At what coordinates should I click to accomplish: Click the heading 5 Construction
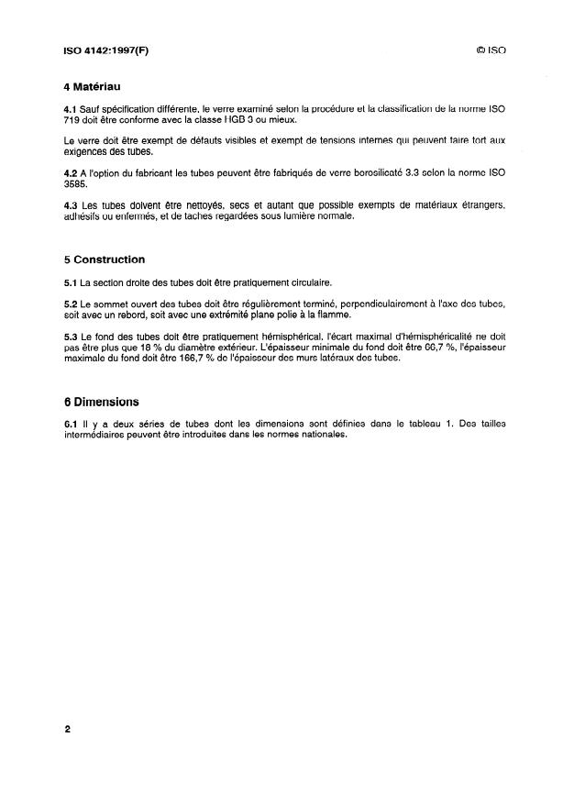[99, 260]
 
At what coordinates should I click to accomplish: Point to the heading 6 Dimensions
[97, 401]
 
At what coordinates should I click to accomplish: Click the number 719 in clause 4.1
[71, 120]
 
